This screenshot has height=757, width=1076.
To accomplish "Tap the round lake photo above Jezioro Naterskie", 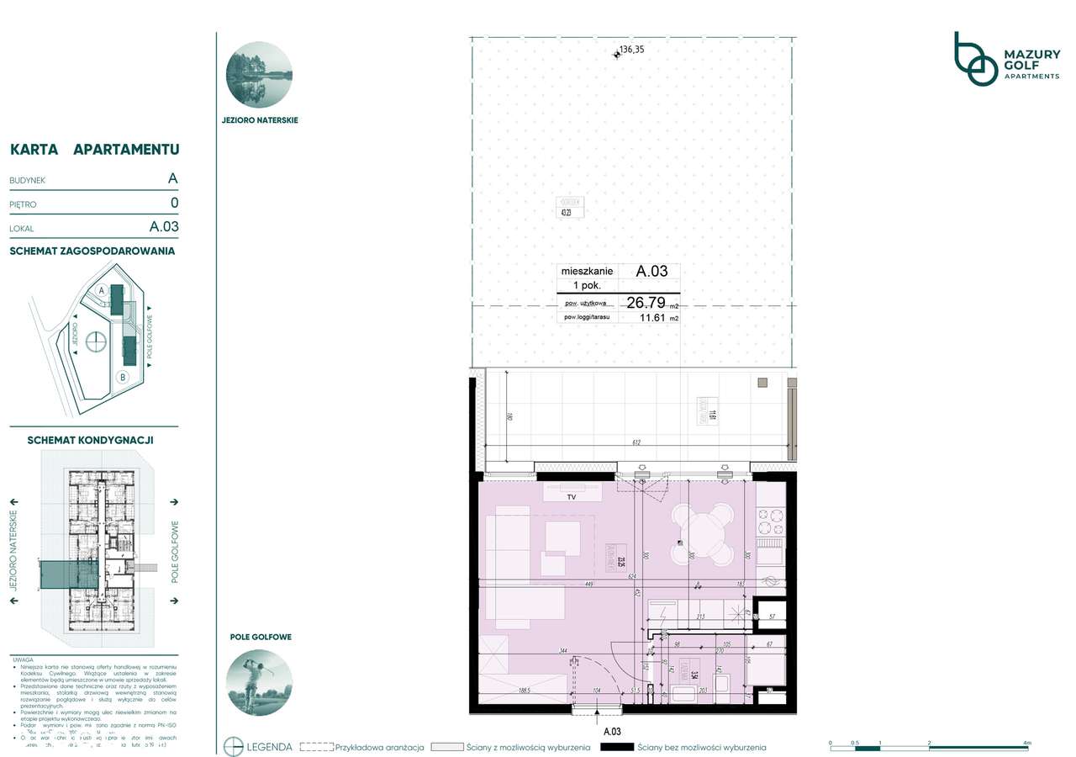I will click(x=259, y=75).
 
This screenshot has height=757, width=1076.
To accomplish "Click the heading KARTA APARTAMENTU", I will click(x=94, y=150).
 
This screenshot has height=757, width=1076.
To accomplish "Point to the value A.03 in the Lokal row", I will click(x=164, y=226).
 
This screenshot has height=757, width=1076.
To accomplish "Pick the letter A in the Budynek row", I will click(x=172, y=178).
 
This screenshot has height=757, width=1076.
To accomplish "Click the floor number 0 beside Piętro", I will click(x=174, y=203).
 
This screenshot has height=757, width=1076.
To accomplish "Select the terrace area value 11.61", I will click(x=652, y=319).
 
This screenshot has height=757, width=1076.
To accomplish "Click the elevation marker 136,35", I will click(x=630, y=50).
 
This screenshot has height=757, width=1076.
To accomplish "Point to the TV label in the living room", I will click(x=571, y=497).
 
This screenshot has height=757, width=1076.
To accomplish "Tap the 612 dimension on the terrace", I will click(x=636, y=443).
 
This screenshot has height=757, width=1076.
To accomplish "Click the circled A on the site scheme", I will click(x=102, y=289).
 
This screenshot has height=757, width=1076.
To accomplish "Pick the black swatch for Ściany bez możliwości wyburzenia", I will click(x=616, y=747).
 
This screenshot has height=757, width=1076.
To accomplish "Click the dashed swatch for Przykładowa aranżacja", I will click(x=317, y=747).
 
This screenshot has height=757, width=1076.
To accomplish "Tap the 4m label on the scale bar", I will click(x=1026, y=743).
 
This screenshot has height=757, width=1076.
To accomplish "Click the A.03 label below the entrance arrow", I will click(x=611, y=732).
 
